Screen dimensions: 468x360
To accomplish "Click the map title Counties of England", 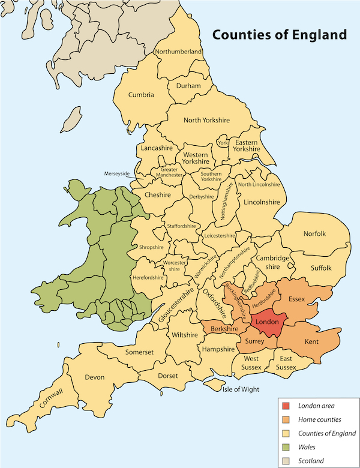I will [x=279, y=35].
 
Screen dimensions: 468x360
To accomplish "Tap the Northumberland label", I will [x=178, y=52].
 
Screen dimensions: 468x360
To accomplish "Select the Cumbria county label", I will [x=141, y=95].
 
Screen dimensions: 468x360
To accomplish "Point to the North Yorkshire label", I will [x=206, y=120].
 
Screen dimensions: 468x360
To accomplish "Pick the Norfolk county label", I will [x=314, y=233].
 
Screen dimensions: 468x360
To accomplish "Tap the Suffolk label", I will [x=320, y=268].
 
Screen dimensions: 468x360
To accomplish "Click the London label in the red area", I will [x=267, y=322].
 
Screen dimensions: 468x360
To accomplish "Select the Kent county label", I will [x=312, y=341].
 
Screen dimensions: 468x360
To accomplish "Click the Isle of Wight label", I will [x=241, y=389].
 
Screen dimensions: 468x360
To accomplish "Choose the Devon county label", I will [x=95, y=377].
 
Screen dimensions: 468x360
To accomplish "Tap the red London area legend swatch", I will [x=286, y=406].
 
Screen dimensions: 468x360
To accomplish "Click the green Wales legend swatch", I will [x=286, y=447].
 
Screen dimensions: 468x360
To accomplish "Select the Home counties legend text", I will [x=319, y=420].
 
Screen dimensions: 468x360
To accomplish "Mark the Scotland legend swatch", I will [x=286, y=460].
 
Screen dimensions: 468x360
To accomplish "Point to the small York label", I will [x=223, y=143].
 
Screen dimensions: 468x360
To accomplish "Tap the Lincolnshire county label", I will [x=262, y=203].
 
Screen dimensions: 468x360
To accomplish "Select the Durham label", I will [x=188, y=86].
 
